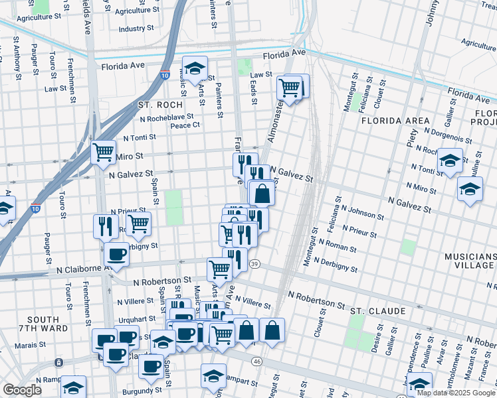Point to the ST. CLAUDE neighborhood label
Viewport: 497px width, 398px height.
[377, 310]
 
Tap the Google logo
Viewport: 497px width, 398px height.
[23, 390]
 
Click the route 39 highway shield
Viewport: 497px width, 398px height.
[255, 264]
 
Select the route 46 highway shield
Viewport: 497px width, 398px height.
[256, 362]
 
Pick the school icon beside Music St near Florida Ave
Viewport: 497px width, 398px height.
[195, 69]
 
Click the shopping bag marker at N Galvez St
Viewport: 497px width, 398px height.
[262, 194]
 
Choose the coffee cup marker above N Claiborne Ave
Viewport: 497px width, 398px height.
[116, 255]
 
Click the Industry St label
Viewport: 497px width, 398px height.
[136, 29]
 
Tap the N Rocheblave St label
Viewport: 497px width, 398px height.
[166, 117]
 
